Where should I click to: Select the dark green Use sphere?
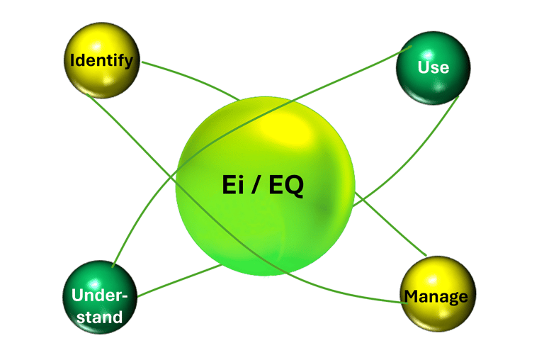[x=433, y=67]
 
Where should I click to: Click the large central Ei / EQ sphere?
[x=264, y=186]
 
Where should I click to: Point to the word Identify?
[x=101, y=61]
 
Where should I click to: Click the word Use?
[x=433, y=67]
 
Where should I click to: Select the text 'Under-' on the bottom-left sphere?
[x=97, y=296]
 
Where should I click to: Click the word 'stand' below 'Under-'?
[x=98, y=317]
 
